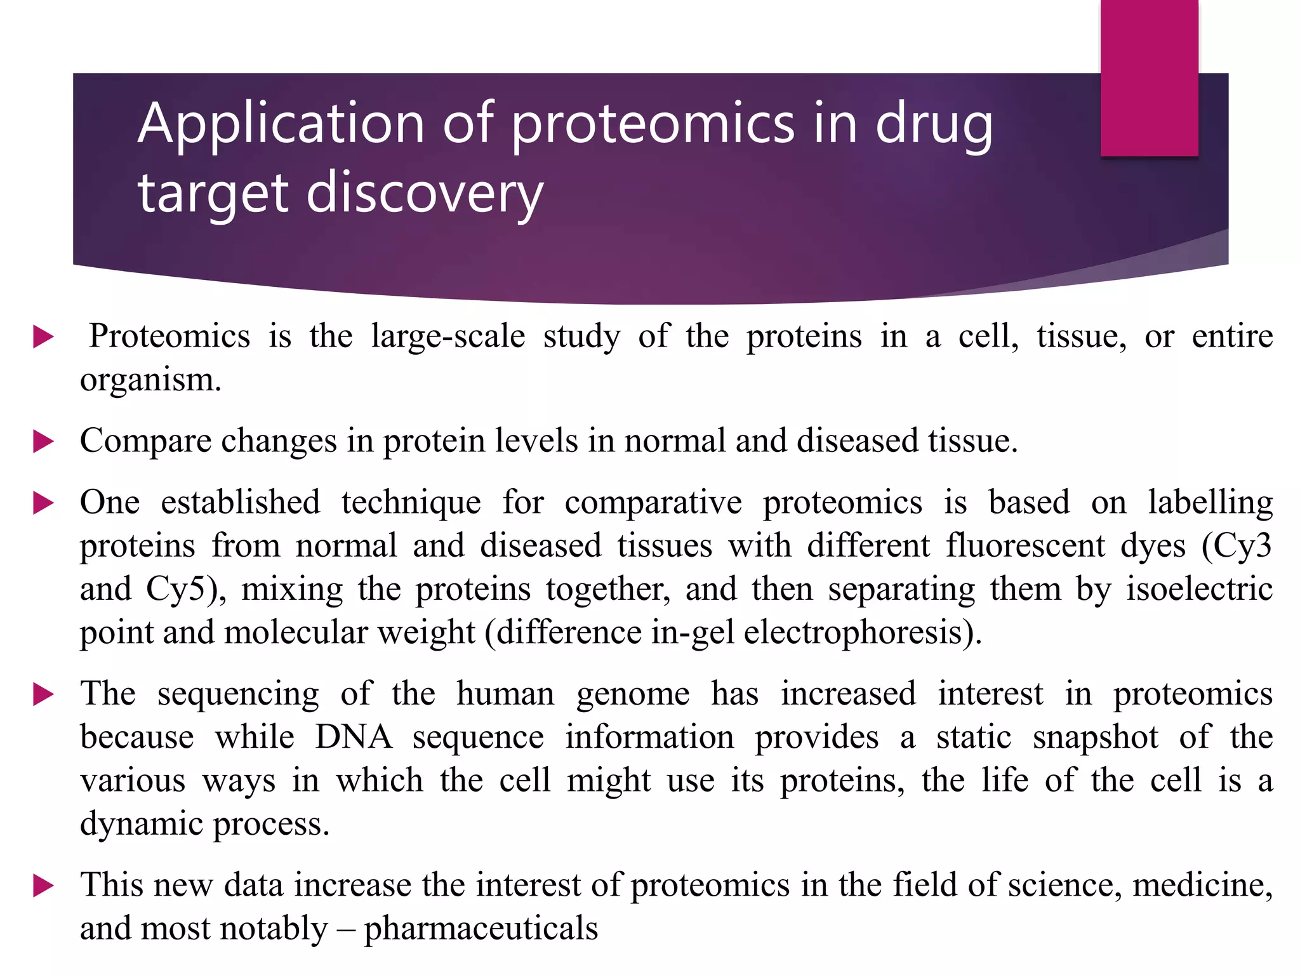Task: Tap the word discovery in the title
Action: [425, 193]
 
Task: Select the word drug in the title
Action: [934, 124]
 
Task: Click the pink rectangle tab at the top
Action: [1149, 77]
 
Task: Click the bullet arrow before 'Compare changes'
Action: [43, 441]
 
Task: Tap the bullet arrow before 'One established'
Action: [43, 503]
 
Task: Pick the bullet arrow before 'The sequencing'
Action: [43, 694]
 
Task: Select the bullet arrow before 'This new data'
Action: [43, 885]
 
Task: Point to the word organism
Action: [150, 380]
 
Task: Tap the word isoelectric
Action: [1199, 589]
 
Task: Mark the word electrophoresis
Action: [854, 632]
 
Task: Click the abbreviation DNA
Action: [354, 738]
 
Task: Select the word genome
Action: [633, 694]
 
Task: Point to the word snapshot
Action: [1095, 738]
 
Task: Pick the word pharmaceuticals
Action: [481, 929]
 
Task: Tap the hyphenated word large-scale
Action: [448, 336]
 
